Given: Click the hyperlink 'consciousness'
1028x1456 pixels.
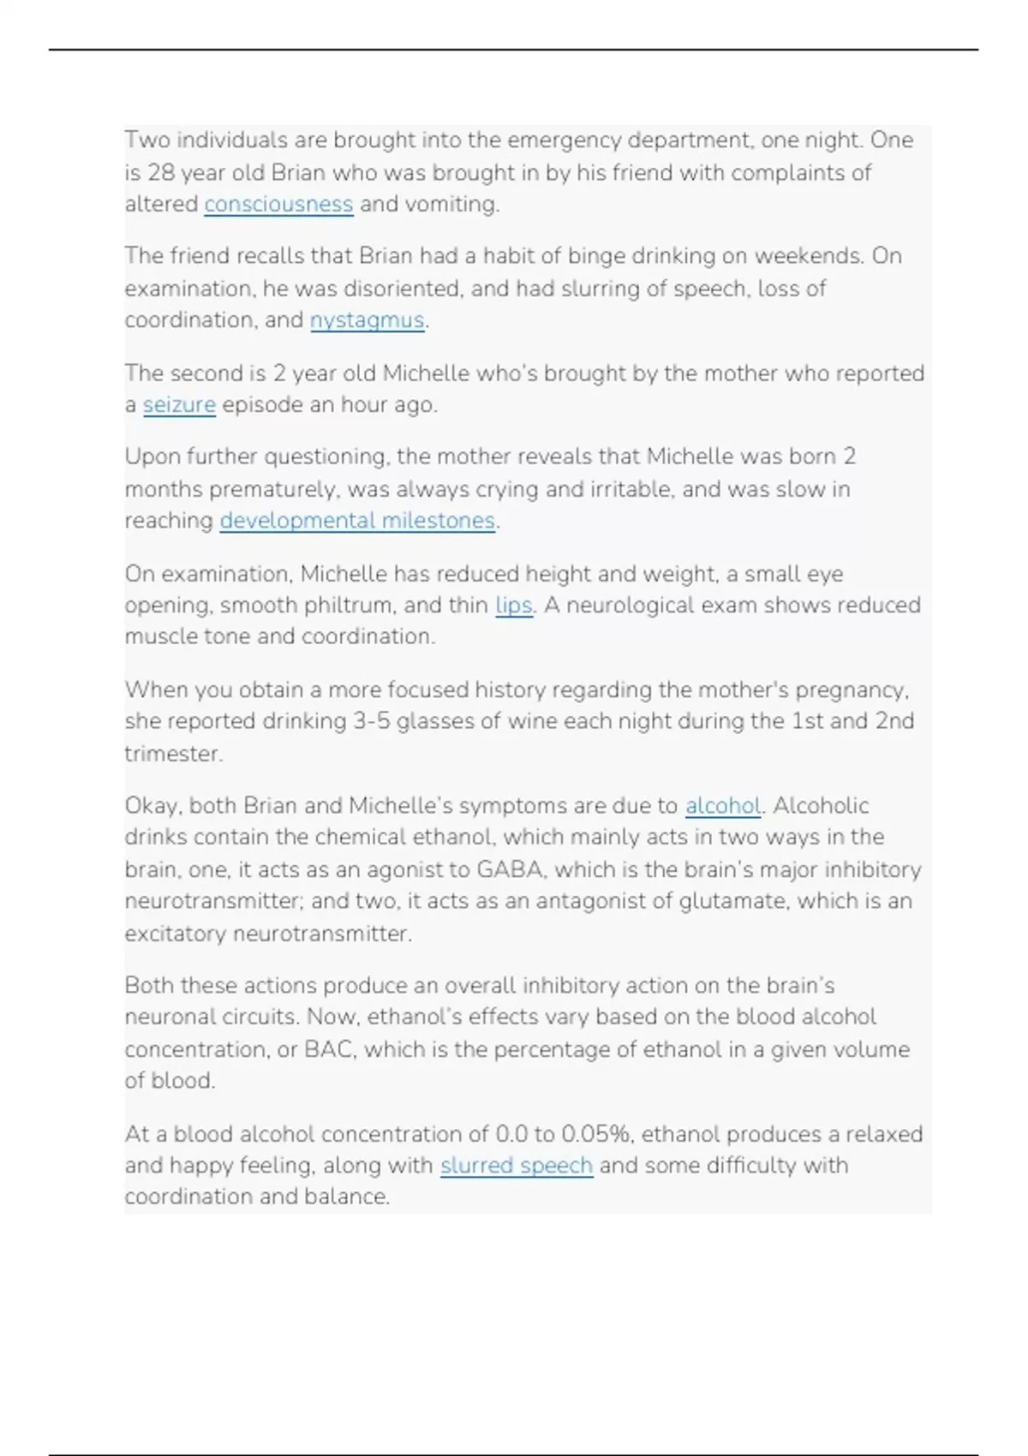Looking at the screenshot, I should pos(278,205).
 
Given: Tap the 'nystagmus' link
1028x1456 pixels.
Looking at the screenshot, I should pos(367,320).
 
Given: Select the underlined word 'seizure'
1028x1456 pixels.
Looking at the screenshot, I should pos(179,404).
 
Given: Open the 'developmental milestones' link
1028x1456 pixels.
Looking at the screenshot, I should pos(357,521).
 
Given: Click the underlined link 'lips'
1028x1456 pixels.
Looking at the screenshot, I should pos(514,605).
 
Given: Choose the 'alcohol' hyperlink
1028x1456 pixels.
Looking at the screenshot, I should pos(723,806).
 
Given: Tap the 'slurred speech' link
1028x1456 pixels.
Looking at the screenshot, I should pos(516,1166).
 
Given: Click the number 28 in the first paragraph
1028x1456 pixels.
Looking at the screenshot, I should pos(160,173).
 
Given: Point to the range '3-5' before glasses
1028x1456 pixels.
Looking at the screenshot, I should pos(372,721).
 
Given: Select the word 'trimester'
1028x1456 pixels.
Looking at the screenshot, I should pos(173,754).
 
